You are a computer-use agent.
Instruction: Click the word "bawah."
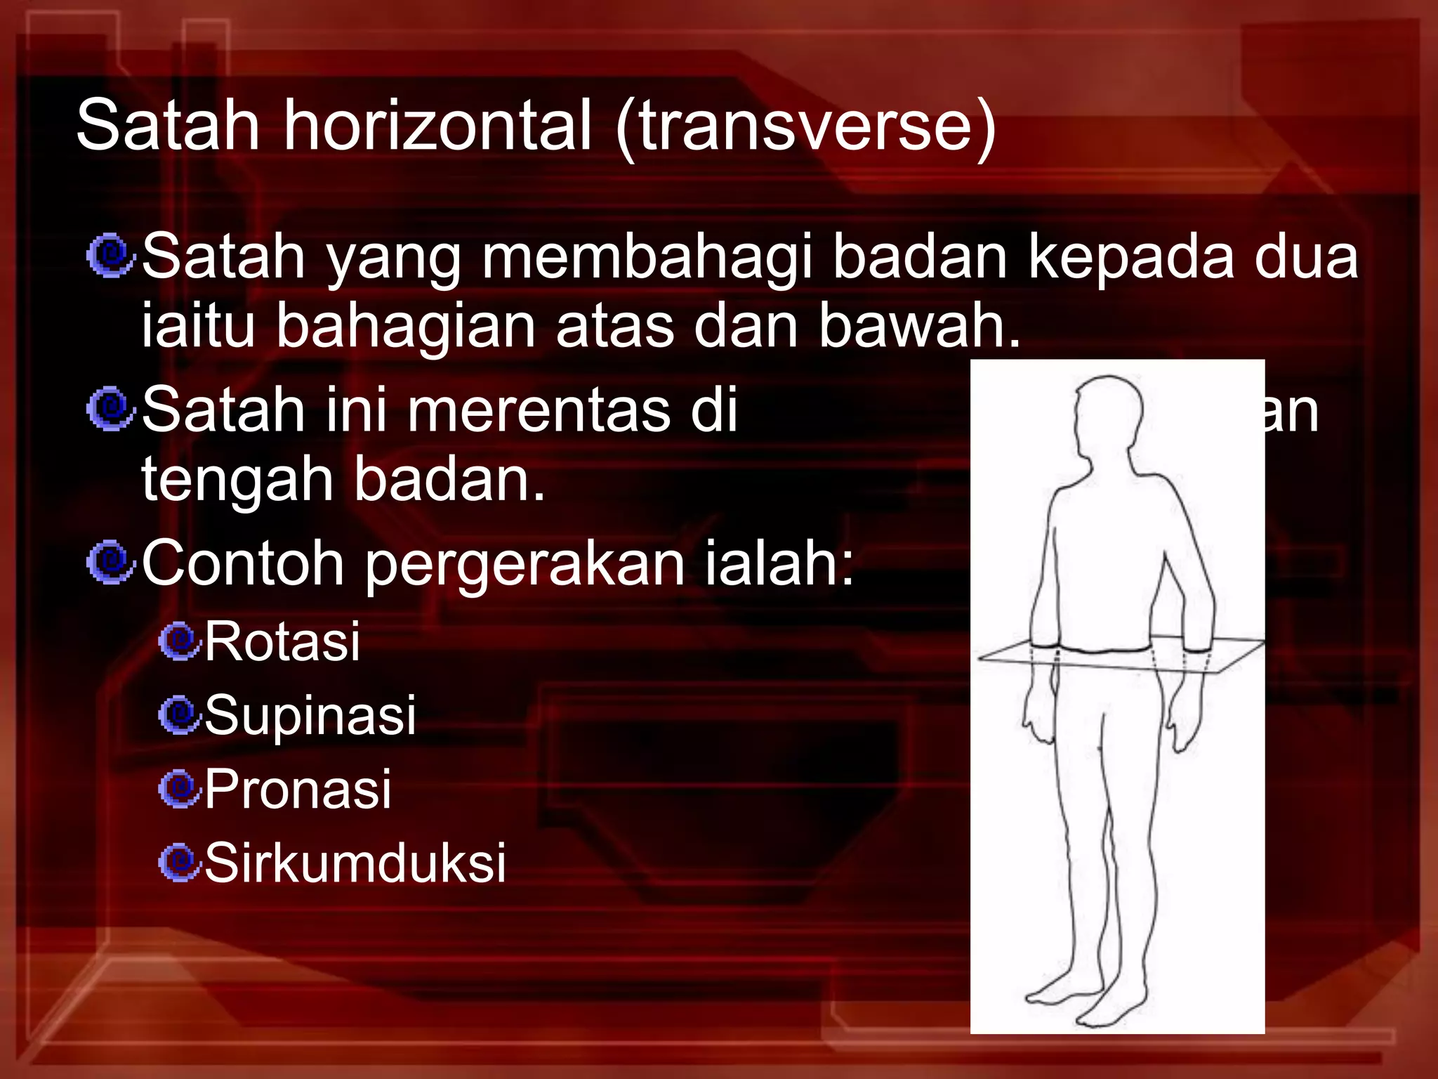pos(919,326)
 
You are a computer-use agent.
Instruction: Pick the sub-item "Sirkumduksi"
pos(355,863)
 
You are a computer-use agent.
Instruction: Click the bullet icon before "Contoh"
pos(110,563)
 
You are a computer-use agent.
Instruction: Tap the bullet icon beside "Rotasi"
pos(180,641)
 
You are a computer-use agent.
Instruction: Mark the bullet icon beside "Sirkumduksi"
pos(180,862)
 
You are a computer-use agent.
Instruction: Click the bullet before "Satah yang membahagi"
pos(110,256)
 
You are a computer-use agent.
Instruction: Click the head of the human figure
pos(1108,414)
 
